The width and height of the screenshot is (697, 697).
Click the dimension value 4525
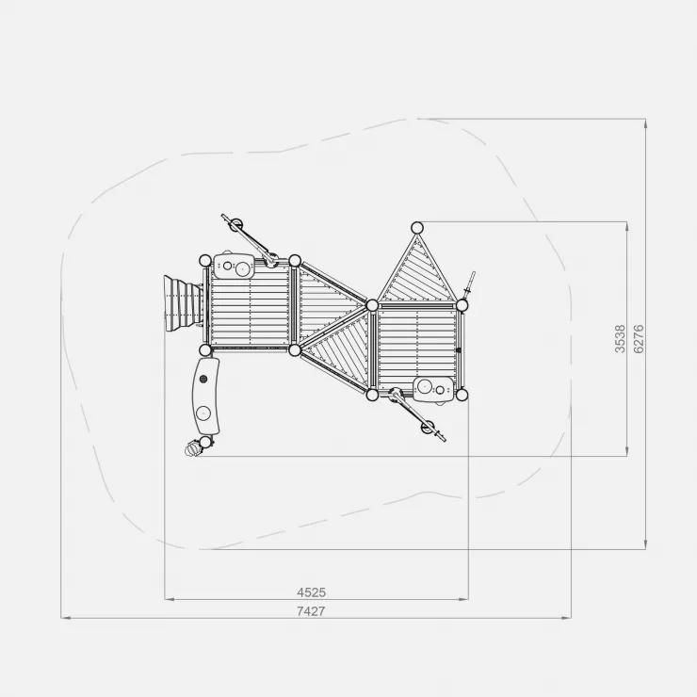(x=311, y=592)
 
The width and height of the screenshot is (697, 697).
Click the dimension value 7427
(x=311, y=611)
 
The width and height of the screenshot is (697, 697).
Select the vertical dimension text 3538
(x=620, y=339)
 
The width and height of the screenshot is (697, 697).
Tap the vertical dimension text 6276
(x=639, y=339)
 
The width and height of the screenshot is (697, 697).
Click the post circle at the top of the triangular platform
(x=417, y=228)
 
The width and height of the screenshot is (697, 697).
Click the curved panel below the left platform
(x=206, y=396)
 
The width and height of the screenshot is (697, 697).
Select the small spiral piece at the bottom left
(x=193, y=447)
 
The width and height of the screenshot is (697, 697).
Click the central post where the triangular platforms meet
(x=372, y=305)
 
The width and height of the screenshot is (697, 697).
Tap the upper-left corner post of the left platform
(x=205, y=261)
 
